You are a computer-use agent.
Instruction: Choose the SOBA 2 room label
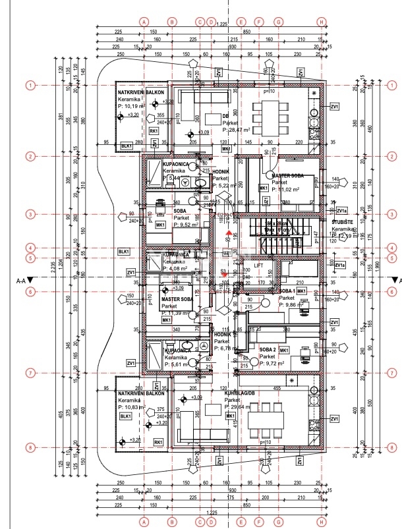click(x=267, y=350)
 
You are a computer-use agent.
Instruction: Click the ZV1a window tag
click(x=340, y=265)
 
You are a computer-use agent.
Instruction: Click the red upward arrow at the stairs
click(x=229, y=232)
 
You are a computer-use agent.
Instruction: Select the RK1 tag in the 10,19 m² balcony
click(x=154, y=131)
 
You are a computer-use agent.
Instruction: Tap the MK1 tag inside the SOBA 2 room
click(x=285, y=350)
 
